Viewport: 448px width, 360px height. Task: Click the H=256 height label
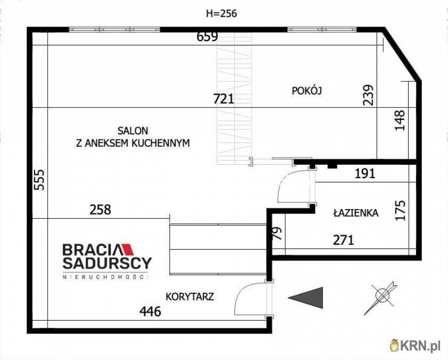coord(222,13)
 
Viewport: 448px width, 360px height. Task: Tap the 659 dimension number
coord(208,36)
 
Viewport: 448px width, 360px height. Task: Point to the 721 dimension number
coord(224,99)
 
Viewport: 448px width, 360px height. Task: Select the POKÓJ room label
coord(307,91)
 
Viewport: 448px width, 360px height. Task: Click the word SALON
coord(133,131)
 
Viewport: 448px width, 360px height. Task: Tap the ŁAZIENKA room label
coord(356,213)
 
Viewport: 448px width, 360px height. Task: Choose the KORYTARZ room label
coord(189,296)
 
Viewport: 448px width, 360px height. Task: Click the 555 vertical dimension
coord(39,180)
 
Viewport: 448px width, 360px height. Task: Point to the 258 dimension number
coord(100,210)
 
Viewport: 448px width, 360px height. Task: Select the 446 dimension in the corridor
coord(150,312)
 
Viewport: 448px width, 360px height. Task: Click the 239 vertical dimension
coord(368,95)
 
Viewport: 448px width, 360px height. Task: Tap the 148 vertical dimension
coord(400,121)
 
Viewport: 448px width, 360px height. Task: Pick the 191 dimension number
coord(365,173)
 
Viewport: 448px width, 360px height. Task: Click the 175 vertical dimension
coord(400,210)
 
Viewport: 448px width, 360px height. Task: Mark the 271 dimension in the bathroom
coord(343,240)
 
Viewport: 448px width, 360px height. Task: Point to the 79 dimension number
coord(278,233)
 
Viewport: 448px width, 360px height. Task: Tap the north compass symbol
coord(381,298)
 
